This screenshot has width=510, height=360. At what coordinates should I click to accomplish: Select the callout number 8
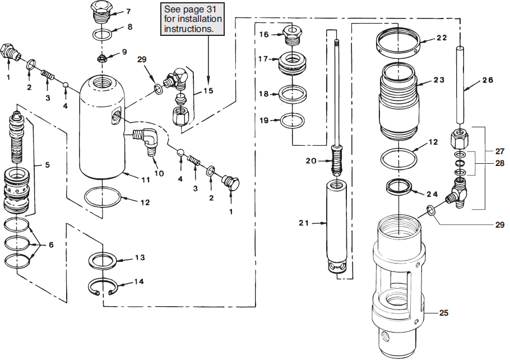pos(129,26)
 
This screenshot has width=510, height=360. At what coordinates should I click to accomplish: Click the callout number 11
pos(144,181)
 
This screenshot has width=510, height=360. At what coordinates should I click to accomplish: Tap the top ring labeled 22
pos(397,43)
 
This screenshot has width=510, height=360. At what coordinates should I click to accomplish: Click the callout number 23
pos(438,80)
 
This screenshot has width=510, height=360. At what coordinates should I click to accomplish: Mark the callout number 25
pos(444,312)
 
